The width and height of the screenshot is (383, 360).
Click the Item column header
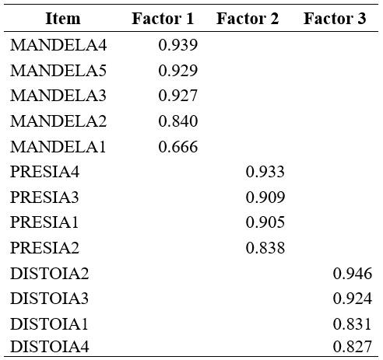pos(63,19)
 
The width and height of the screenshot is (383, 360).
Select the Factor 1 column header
pos(163,19)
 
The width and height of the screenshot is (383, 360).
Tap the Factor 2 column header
pos(248,19)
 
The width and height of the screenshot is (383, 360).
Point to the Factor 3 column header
pos(335,19)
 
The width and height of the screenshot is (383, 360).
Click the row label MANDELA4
pos(58,46)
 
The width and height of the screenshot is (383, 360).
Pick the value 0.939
pos(177,46)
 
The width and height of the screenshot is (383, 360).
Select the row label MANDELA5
pos(58,71)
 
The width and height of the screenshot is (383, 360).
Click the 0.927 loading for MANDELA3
pos(177,96)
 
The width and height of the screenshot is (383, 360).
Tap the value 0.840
pos(177,121)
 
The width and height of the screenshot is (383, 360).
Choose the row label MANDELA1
pos(58,147)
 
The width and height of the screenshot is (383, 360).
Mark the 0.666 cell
pos(177,147)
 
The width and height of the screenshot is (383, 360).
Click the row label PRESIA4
pos(45,172)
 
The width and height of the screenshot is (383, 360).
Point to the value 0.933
pos(265,172)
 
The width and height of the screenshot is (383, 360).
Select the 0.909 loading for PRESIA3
pos(265,197)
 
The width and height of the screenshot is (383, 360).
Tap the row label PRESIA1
pos(45,222)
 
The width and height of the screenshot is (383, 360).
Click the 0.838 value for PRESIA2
pos(265,248)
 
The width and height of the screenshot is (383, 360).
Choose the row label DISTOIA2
pos(49,274)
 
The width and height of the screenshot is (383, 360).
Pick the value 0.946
pos(352,274)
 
